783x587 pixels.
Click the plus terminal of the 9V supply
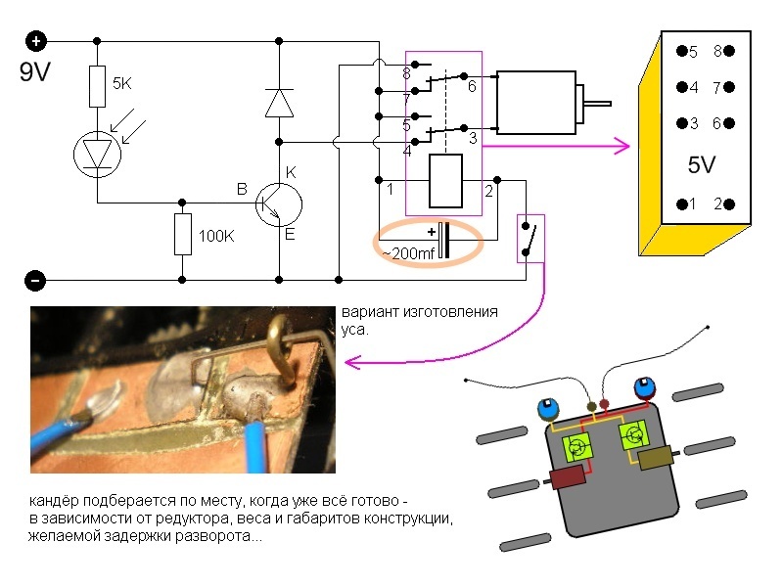coord(36,41)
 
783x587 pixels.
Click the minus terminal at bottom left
coord(35,281)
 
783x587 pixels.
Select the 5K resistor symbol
coord(97,86)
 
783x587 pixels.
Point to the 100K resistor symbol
coord(182,235)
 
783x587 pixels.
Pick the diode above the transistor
coord(280,102)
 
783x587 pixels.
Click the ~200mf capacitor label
coord(408,252)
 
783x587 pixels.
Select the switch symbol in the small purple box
coord(530,239)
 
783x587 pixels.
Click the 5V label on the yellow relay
coord(701,165)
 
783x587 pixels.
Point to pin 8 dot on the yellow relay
coord(729,52)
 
